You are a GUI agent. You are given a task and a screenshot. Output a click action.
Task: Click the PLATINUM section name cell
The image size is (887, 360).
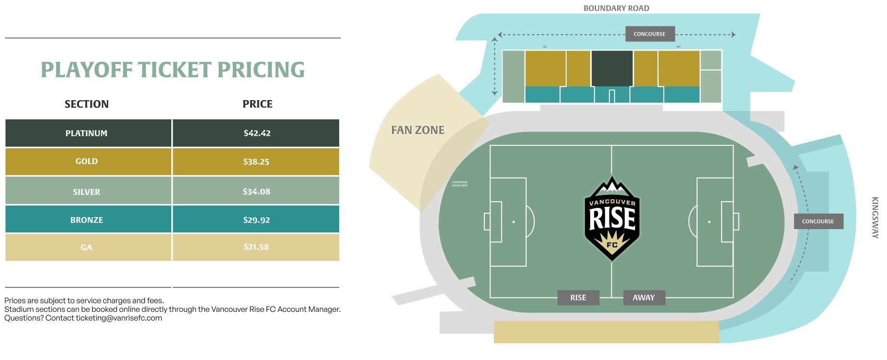(x=87, y=133)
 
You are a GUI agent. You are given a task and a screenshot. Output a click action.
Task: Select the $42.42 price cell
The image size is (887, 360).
(x=257, y=133)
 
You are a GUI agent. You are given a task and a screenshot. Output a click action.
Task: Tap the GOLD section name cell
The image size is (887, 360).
(x=87, y=162)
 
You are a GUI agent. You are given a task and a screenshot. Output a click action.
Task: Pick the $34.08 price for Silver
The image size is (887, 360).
(x=256, y=192)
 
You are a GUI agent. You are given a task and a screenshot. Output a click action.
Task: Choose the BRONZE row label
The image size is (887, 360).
(x=87, y=220)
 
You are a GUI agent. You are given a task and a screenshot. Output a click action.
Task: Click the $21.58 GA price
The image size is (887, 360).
(x=256, y=247)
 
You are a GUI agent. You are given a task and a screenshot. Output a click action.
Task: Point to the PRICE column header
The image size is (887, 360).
(x=257, y=104)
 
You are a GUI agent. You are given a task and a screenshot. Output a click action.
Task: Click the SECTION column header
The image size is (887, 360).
(x=87, y=104)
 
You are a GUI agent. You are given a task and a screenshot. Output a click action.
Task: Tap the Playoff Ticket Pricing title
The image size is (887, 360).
(x=173, y=70)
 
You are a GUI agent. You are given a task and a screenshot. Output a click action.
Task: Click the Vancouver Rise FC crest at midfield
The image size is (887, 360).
(x=612, y=219)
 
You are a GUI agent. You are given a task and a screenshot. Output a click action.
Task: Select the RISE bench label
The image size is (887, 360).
(x=578, y=297)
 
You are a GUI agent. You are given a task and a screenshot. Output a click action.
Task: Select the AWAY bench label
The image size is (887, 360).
(x=644, y=297)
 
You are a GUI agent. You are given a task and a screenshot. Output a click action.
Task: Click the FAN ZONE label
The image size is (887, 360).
(x=418, y=130)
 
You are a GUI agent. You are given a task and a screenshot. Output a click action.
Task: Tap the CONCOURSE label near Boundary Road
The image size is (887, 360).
(x=649, y=34)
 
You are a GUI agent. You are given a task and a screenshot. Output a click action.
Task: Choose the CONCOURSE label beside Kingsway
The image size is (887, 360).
(x=818, y=221)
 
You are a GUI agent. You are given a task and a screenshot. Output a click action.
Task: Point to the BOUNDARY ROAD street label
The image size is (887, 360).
(x=616, y=8)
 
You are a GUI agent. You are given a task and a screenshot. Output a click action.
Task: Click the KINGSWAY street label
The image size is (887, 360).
(x=875, y=217)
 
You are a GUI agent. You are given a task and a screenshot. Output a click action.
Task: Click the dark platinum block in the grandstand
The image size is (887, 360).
(x=612, y=68)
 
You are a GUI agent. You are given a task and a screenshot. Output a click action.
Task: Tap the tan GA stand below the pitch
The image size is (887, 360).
(x=606, y=332)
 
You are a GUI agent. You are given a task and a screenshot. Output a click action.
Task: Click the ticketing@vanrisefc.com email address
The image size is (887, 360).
(x=119, y=318)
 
